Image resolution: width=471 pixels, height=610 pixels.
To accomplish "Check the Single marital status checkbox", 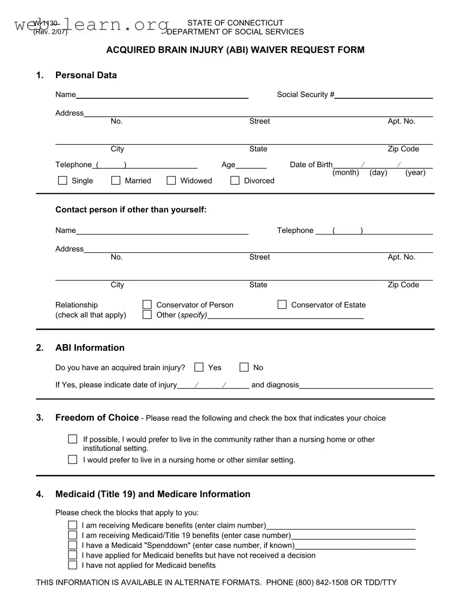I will point(63,181).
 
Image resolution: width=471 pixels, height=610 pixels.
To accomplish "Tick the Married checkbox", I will point(116,181).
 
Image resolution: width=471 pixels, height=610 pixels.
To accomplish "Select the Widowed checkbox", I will point(171,181).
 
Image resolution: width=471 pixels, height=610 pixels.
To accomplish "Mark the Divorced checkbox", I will point(235,181).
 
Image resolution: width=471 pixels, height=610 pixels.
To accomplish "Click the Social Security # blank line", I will point(384,95).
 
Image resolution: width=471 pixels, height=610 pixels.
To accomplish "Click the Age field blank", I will point(251,165).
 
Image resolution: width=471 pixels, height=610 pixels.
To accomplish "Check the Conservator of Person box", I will point(147,305).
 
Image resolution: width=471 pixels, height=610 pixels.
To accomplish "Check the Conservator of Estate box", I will point(282,305).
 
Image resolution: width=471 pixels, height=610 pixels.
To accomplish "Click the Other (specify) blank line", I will point(285,315).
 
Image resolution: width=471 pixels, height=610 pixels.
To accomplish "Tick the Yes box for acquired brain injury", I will point(199,367).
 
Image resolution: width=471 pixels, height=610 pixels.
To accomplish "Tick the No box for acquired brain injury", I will point(244,367).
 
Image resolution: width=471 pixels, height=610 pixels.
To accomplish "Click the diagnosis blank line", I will point(366,385).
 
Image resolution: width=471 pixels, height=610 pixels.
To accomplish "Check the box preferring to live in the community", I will point(73,439).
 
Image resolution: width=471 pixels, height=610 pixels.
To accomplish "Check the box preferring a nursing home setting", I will point(73,459).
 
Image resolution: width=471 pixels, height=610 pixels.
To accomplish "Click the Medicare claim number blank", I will point(340,526).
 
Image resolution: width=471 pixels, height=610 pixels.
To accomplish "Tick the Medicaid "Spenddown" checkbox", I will point(73,545).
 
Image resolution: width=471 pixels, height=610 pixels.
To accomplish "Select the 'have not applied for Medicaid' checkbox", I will point(73,565).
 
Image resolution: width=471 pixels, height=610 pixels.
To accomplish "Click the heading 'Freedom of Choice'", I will point(97,417).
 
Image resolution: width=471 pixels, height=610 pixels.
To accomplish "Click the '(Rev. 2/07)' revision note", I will point(50,32).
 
